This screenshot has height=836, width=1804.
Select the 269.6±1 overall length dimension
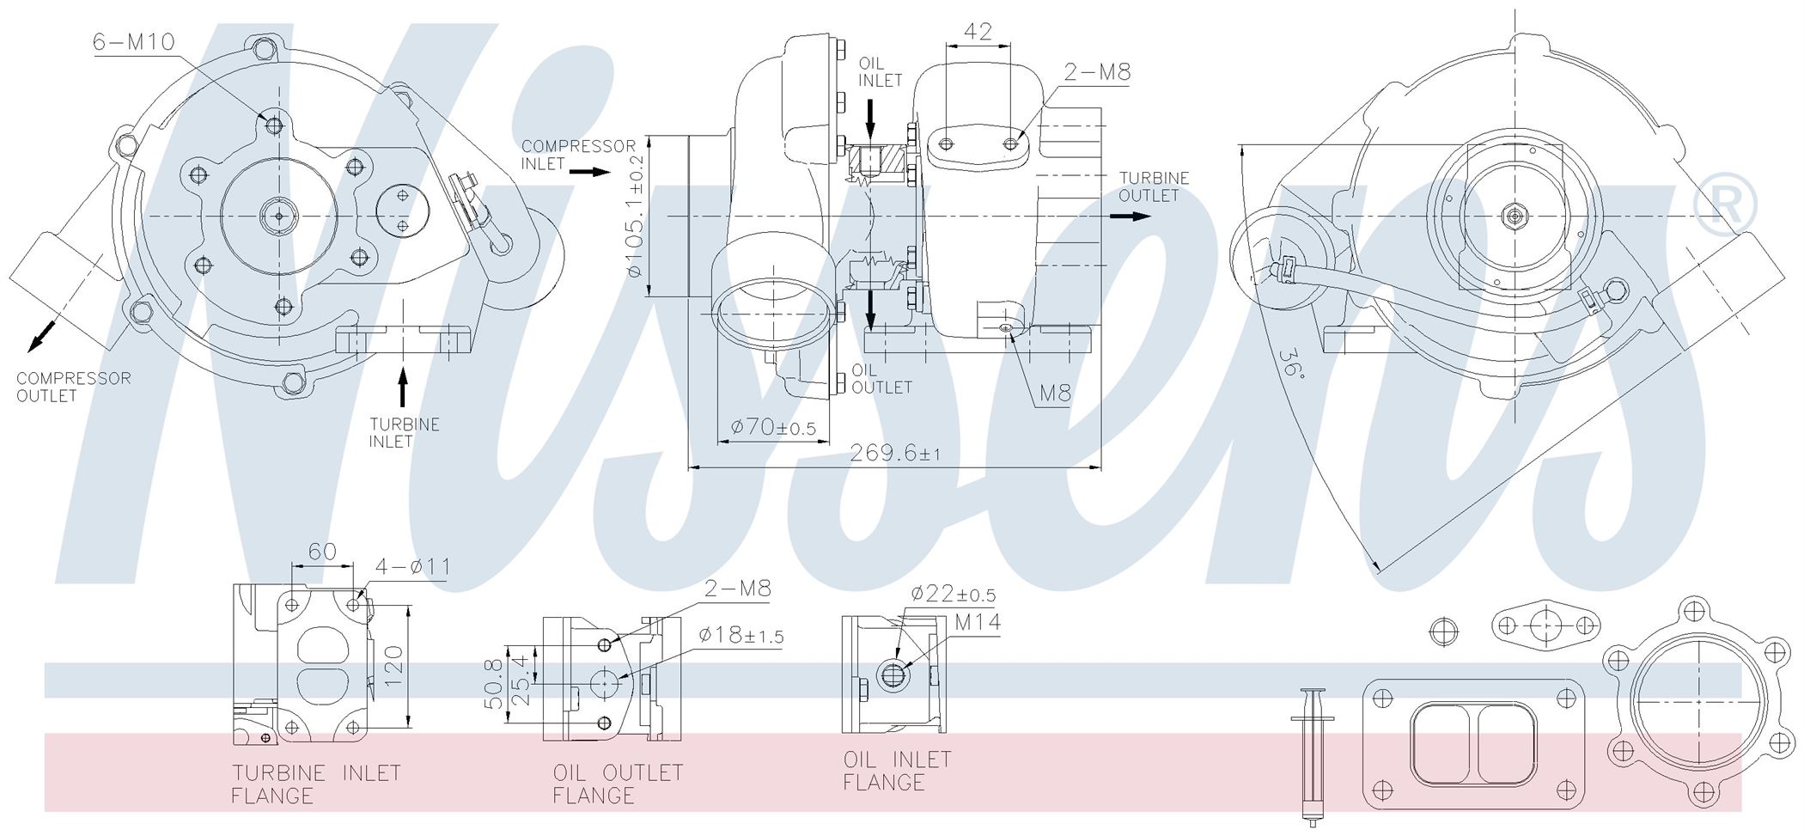click(894, 453)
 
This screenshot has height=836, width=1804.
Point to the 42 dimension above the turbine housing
click(978, 32)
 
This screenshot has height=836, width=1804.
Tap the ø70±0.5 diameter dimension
click(773, 427)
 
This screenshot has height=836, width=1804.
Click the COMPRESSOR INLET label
click(578, 155)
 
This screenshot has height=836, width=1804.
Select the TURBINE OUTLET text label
click(1154, 186)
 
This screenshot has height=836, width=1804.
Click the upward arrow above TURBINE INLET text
click(401, 387)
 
